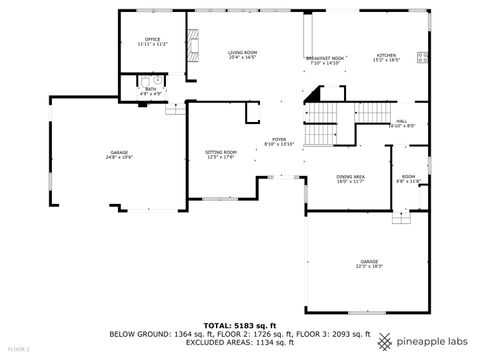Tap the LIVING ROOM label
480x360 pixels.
click(x=242, y=52)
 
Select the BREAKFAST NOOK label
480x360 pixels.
click(x=325, y=59)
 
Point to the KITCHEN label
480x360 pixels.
click(x=386, y=55)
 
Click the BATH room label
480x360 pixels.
click(x=150, y=89)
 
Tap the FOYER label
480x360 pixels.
click(x=279, y=139)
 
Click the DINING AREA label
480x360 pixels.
click(x=350, y=176)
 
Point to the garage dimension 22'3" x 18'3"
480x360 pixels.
click(x=370, y=266)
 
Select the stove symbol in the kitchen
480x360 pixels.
click(x=422, y=58)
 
